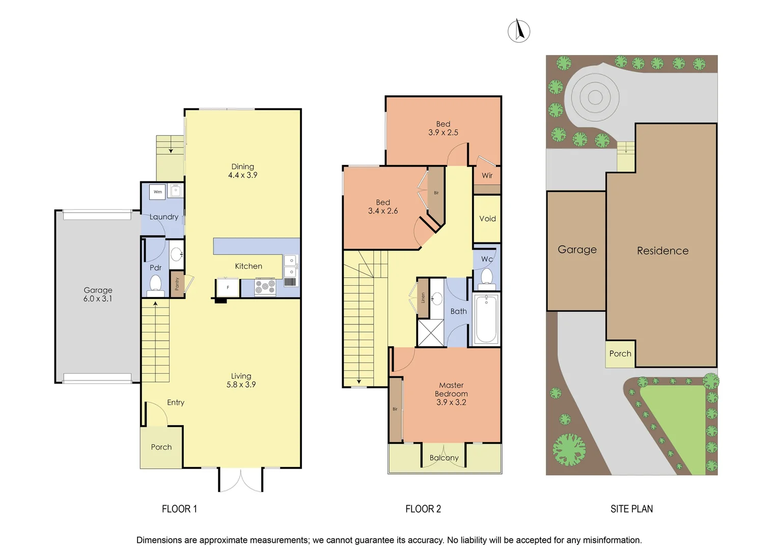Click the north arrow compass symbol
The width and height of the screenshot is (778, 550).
tap(519, 31)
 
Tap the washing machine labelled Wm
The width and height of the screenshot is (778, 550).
tap(158, 192)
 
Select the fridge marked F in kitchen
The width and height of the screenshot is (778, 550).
tap(228, 287)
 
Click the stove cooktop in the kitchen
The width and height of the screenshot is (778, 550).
tap(265, 287)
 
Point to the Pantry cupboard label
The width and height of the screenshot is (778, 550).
tap(177, 284)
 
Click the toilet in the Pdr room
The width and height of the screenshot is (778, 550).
tap(155, 284)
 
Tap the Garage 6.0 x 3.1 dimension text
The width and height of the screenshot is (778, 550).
tap(98, 294)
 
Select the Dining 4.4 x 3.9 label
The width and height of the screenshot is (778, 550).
tap(243, 171)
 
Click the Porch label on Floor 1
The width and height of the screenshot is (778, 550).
tap(161, 447)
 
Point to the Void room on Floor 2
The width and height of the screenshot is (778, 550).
tap(487, 218)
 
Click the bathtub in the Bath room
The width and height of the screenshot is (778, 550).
tap(486, 319)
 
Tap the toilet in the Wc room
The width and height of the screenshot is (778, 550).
tap(487, 278)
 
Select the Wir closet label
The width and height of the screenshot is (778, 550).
tap(487, 175)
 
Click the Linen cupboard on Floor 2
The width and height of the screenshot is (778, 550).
tap(423, 297)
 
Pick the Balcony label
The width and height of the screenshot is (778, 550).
tap(444, 458)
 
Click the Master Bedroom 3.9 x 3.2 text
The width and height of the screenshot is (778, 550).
tap(451, 394)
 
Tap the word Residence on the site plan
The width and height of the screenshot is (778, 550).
tap(662, 251)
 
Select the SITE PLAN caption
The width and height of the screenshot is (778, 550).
tap(631, 509)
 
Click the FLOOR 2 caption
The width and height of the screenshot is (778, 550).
tap(423, 509)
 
